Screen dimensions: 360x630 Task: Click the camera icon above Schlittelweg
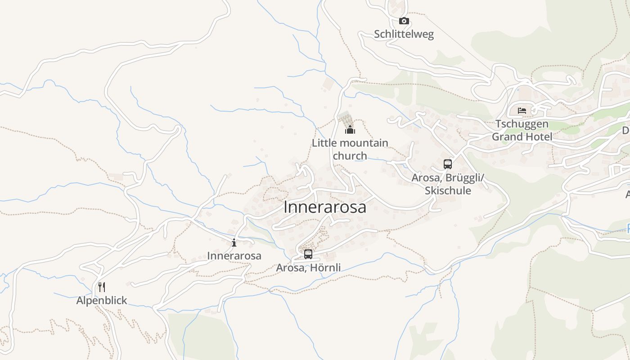point(404,21)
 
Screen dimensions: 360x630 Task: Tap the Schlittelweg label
point(404,35)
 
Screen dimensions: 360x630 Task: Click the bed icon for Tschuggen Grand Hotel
point(522,111)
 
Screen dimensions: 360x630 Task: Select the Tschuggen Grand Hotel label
point(522,130)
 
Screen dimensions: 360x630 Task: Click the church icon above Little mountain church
point(350,130)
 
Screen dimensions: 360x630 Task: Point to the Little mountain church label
point(350,149)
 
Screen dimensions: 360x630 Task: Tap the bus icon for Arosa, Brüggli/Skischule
point(447,164)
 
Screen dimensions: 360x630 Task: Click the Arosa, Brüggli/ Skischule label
point(448,184)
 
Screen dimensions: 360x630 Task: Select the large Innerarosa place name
point(324,207)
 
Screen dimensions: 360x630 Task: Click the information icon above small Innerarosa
point(234,243)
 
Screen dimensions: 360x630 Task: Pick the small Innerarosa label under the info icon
point(234,256)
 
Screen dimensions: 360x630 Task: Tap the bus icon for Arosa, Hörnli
point(308,254)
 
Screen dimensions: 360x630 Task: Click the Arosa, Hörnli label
point(308,268)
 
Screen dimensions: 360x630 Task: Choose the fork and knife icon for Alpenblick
point(102,287)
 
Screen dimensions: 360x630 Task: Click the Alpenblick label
point(102,300)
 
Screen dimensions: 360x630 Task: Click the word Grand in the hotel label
point(508,137)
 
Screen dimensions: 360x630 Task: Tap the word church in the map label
point(350,156)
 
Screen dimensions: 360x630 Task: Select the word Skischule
point(448,191)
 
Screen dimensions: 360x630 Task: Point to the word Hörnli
point(325,268)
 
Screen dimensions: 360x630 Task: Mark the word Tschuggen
point(522,124)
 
